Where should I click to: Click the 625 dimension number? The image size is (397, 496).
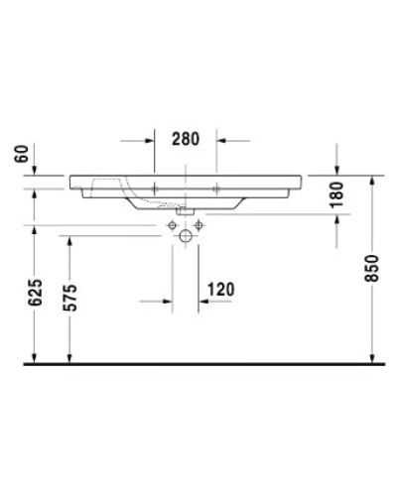35,295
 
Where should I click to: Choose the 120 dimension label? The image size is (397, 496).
220,289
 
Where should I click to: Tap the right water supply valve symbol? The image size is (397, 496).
199,227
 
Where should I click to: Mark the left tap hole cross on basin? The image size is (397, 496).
156,186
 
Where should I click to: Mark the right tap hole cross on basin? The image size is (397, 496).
216,186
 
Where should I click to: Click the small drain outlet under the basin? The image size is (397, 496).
186,210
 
